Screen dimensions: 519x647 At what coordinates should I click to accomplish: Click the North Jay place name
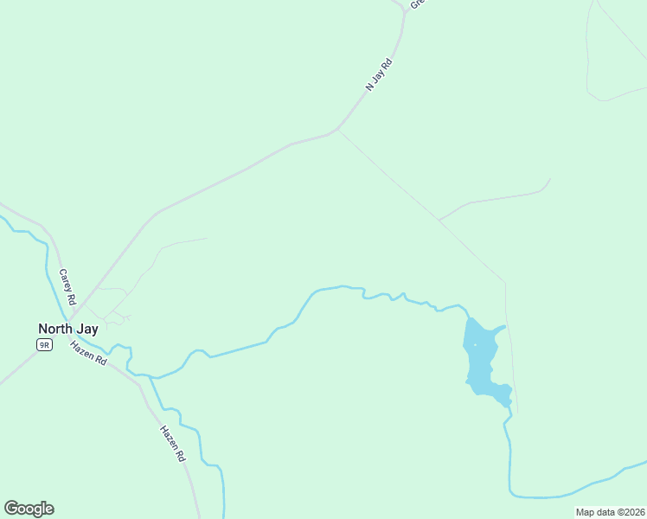pos(67,329)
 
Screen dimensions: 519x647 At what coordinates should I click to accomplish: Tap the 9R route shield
pos(44,344)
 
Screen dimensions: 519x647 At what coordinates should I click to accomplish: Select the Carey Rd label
pos(67,286)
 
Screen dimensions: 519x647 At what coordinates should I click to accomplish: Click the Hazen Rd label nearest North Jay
pos(88,352)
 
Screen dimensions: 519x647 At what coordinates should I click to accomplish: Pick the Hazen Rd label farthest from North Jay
pos(173,442)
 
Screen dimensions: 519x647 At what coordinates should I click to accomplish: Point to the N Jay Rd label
pos(379,74)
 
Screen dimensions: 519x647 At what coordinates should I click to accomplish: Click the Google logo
pos(29,509)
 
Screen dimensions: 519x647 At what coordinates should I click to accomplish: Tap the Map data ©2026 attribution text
pos(610,512)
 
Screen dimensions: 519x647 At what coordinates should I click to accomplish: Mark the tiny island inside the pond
pos(475,345)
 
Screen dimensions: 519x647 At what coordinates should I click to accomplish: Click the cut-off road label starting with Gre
pos(416,3)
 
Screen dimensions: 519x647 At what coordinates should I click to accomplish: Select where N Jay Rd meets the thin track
pos(337,131)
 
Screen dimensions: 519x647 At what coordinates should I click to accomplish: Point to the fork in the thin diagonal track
pos(439,221)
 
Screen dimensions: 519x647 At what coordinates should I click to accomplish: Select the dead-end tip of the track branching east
pos(550,179)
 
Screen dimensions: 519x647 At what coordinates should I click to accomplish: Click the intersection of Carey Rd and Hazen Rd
pos(71,336)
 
